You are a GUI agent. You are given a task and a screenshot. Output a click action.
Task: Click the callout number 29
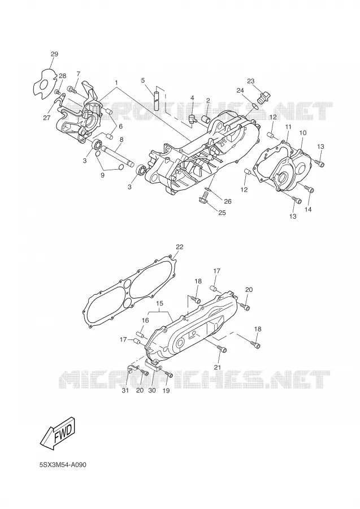click(54, 54)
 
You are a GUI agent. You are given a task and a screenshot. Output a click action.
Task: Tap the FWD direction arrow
click(58, 434)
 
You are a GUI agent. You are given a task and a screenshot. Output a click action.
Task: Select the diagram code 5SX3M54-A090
click(63, 465)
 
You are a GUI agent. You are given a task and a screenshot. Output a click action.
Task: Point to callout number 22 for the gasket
click(179, 247)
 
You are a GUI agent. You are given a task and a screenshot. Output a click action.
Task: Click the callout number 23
click(251, 81)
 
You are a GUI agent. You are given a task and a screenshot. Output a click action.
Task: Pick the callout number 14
click(308, 209)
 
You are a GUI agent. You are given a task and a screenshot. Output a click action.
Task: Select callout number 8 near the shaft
click(122, 140)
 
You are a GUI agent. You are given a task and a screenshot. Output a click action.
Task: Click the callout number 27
click(47, 118)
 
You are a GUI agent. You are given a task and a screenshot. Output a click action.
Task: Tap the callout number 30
click(152, 390)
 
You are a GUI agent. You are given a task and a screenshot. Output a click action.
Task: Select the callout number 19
click(166, 391)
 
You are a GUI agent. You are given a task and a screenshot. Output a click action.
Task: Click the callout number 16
click(145, 321)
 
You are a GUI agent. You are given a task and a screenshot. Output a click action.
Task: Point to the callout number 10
click(302, 133)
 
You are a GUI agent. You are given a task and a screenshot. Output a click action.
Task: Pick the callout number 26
click(228, 201)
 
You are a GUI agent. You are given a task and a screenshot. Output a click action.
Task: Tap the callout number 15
click(159, 303)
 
